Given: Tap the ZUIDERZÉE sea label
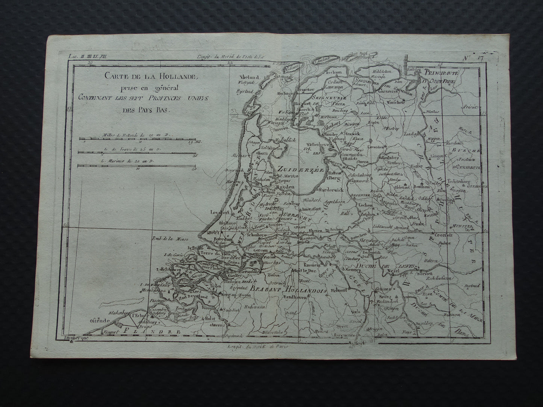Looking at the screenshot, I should (296, 169).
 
